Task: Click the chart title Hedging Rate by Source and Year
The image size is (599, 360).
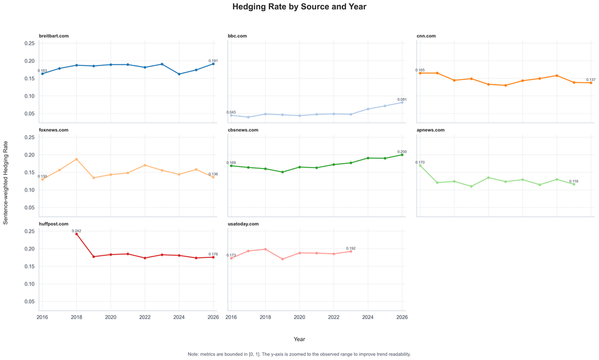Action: (x=299, y=7)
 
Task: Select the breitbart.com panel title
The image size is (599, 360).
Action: (x=54, y=36)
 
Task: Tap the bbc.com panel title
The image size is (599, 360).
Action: (x=237, y=36)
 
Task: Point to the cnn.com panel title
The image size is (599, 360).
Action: (x=426, y=36)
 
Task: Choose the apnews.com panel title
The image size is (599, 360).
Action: (x=430, y=130)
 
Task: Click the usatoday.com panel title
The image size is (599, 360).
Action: (x=243, y=224)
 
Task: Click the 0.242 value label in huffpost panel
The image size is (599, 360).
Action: (x=77, y=231)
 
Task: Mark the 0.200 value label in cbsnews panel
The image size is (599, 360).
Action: (x=402, y=151)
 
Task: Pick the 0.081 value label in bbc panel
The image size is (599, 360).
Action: (x=402, y=99)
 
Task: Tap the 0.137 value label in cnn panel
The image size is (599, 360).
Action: (x=591, y=80)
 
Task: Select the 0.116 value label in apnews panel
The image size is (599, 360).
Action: (x=573, y=181)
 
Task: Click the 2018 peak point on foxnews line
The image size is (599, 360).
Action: (x=77, y=159)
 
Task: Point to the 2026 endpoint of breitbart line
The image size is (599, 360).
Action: (x=214, y=64)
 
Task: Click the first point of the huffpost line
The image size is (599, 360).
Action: (x=77, y=234)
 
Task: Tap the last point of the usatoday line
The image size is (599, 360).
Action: (x=351, y=251)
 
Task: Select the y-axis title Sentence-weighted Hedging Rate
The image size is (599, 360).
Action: (x=6, y=182)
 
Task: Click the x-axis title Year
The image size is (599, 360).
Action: (x=299, y=339)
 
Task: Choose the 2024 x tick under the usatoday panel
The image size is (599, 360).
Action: (x=368, y=317)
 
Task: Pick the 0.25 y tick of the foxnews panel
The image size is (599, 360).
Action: (x=29, y=137)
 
